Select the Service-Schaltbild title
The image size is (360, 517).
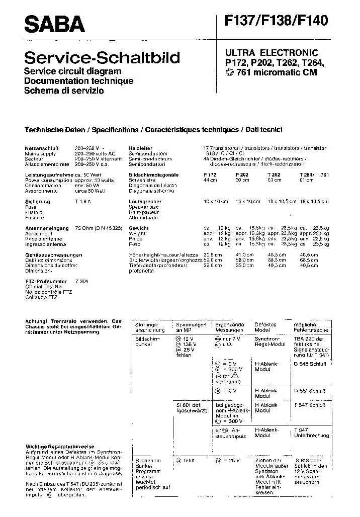pos(102,57)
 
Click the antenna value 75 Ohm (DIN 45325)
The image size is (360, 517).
pos(99,228)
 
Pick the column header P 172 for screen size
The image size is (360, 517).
pos(210,175)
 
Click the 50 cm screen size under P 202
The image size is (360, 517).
pos(241,180)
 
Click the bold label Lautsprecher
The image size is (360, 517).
pos(144,202)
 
